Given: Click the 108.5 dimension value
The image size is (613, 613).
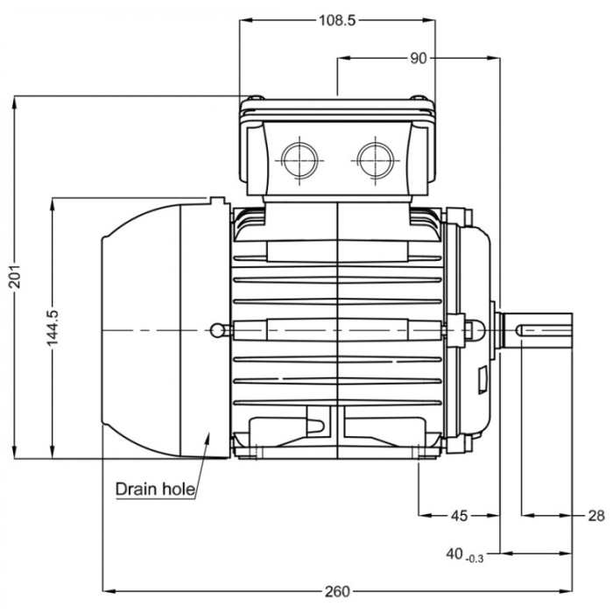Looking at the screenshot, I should click(337, 20).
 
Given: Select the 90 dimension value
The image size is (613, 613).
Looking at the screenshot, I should click(418, 58).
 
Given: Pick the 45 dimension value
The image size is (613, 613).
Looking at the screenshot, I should click(459, 515).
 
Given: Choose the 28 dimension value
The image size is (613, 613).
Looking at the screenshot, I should click(595, 515).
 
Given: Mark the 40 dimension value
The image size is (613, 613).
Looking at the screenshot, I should click(454, 553).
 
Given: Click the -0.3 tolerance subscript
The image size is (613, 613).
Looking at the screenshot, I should click(476, 557).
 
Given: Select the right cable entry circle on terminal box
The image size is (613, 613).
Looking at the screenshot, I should click(375, 159).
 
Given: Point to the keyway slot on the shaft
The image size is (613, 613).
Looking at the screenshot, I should click(543, 329).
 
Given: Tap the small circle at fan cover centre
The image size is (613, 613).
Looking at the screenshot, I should click(217, 329).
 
